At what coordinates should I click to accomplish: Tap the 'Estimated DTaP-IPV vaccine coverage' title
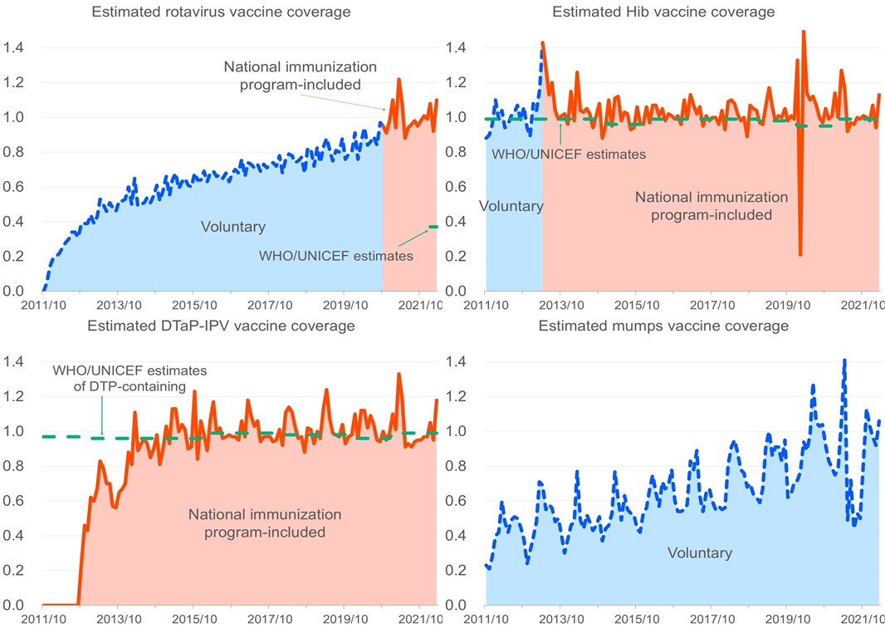(x=221, y=325)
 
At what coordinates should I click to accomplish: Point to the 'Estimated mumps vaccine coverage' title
(x=663, y=326)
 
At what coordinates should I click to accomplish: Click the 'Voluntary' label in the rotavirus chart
(x=233, y=226)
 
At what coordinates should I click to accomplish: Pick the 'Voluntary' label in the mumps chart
(x=700, y=552)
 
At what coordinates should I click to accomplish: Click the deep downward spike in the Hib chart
(x=800, y=253)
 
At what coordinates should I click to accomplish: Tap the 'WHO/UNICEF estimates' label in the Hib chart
(x=569, y=153)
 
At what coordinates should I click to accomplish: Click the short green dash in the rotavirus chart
(x=433, y=227)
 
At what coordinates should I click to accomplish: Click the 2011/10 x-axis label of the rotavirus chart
(x=42, y=306)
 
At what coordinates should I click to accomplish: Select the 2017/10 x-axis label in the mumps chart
(x=711, y=619)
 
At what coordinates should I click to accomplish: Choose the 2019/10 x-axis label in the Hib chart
(x=787, y=306)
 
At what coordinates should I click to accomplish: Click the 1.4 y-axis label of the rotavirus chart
(x=15, y=47)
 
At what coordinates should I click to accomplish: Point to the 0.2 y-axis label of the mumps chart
(x=458, y=570)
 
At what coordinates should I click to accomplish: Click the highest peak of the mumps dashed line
(x=844, y=361)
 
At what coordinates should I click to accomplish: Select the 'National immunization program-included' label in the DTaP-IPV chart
(x=254, y=523)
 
